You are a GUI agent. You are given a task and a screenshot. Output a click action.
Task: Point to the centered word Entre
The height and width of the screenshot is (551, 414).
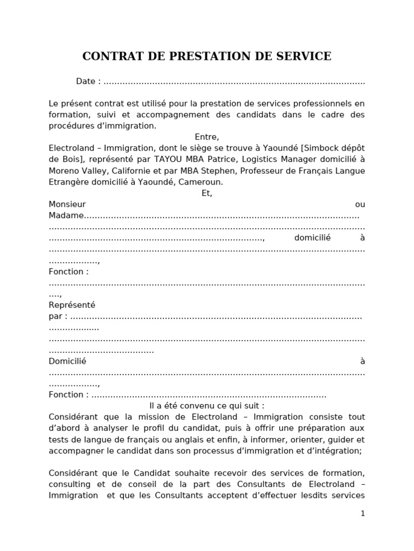(x=206, y=137)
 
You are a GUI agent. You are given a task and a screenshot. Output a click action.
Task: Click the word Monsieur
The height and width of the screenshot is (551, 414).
(x=67, y=204)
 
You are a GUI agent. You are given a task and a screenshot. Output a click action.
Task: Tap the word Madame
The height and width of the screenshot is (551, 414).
(x=66, y=216)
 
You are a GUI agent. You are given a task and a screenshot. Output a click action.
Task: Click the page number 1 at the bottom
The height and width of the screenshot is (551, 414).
(x=363, y=513)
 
